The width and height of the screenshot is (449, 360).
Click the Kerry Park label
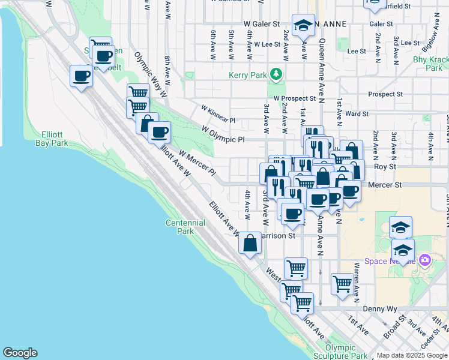tap(246, 75)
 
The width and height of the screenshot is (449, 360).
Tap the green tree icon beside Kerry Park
tap(276, 74)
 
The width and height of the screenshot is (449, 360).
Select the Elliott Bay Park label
tap(51, 139)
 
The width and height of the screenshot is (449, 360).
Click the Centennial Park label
tap(185, 227)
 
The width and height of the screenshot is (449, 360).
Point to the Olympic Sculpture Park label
tap(345, 352)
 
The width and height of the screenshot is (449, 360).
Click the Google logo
tap(20, 353)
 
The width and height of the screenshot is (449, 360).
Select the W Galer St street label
tap(262, 25)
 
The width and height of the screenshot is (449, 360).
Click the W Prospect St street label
tap(294, 98)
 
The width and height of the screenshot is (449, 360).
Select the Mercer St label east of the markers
tap(385, 185)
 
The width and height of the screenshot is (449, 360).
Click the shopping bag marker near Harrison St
tap(250, 243)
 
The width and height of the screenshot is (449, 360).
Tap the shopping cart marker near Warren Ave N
tap(342, 283)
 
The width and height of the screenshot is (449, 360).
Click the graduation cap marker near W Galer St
tap(304, 25)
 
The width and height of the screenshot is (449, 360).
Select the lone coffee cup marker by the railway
tap(82, 76)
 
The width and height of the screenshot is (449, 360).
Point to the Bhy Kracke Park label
tap(430, 64)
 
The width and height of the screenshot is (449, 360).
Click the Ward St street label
tap(357, 113)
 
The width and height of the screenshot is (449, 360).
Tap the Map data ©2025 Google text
tap(411, 355)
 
